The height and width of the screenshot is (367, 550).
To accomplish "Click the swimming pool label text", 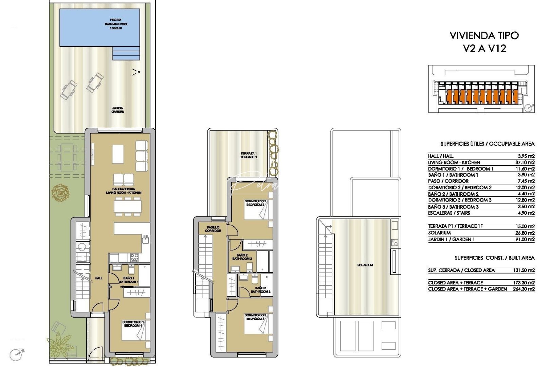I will [116, 24].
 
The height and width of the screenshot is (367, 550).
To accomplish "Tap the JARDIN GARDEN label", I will [118, 110].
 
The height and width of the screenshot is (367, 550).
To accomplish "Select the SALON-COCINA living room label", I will [124, 191].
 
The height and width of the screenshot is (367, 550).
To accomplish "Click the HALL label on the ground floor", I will [99, 278].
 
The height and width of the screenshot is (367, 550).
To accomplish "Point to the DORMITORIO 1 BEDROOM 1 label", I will [133, 324].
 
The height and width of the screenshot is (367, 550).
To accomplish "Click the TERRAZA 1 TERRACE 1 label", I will [249, 155].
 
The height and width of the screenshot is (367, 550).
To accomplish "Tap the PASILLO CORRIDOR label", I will [213, 229].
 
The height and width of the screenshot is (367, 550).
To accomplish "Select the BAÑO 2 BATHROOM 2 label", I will [242, 257].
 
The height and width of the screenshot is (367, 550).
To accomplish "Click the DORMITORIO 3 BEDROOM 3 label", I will [255, 317].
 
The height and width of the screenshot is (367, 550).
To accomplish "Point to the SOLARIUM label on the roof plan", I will [365, 265].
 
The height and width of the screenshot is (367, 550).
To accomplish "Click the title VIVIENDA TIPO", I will [484, 36].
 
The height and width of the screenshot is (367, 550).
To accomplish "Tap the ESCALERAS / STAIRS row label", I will [449, 213].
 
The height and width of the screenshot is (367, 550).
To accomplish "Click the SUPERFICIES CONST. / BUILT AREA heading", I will [494, 258].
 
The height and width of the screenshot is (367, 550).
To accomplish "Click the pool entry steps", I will [126, 53].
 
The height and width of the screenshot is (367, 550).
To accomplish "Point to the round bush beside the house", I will [61, 192].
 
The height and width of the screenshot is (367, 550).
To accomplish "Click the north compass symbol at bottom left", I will [16, 354].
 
